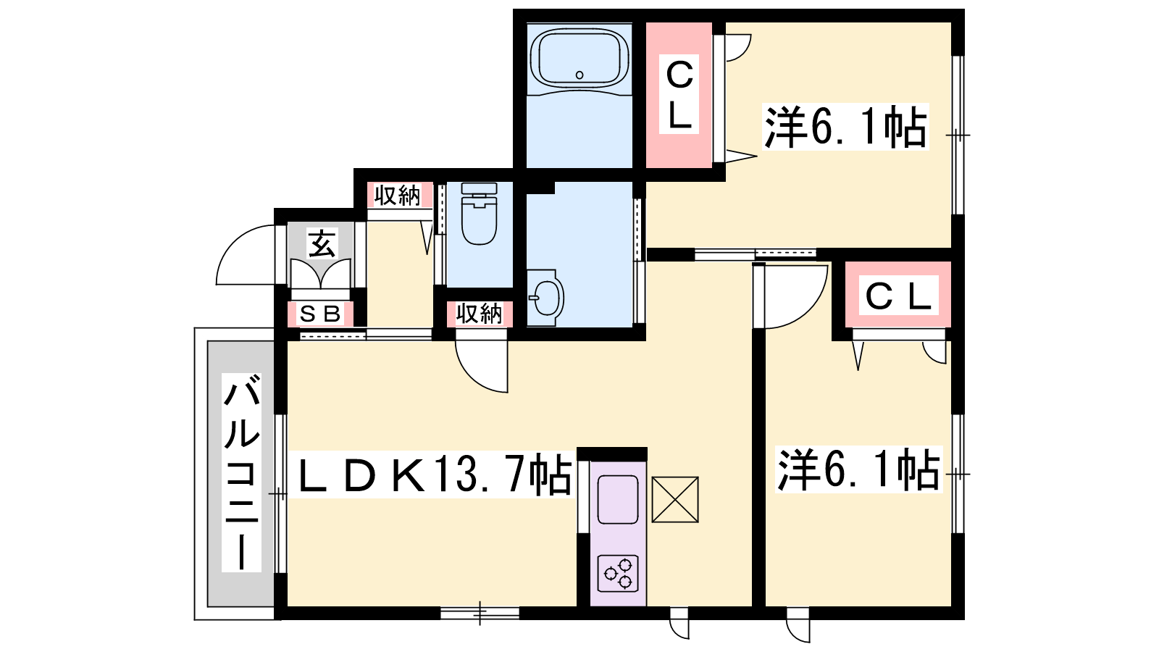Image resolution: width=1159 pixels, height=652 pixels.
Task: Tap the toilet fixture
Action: (x=479, y=213)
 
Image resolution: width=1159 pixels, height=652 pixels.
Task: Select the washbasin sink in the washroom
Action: (x=545, y=298)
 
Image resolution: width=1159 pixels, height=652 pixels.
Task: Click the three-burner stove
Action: (x=618, y=573)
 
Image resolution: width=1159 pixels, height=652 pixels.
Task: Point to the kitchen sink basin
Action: (x=618, y=500)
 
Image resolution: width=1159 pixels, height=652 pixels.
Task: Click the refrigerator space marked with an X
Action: (x=674, y=499)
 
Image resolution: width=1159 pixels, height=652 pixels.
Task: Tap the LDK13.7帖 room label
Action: (x=435, y=475)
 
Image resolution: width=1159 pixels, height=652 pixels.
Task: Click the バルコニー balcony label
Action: (x=242, y=472)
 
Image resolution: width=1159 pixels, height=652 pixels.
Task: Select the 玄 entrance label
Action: (x=322, y=243)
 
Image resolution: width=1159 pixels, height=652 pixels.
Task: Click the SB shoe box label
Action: (x=321, y=314)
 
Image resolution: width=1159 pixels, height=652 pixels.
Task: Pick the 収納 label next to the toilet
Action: (x=398, y=196)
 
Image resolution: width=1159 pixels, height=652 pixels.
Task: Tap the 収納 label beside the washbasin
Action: (x=479, y=314)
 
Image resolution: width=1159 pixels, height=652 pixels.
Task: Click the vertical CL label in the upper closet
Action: (x=679, y=95)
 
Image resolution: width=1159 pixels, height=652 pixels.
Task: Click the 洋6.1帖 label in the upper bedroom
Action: (x=845, y=127)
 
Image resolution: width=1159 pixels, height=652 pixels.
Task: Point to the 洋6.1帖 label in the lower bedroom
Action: (x=859, y=470)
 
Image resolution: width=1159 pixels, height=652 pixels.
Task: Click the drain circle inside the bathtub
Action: (x=579, y=75)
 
